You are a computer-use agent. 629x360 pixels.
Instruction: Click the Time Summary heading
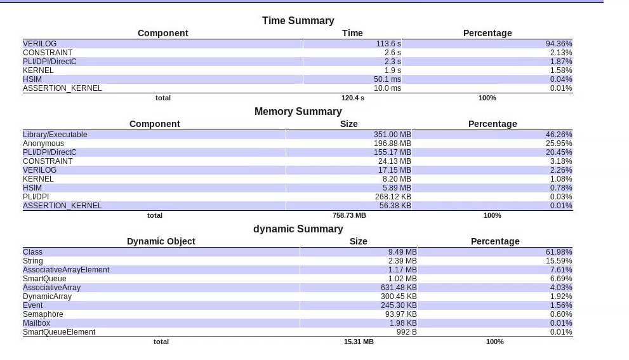298,20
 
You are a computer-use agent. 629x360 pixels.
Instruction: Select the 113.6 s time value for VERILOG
388,44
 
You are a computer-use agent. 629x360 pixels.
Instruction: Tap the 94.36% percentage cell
559,44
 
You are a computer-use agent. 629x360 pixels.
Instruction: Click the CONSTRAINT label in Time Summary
48,53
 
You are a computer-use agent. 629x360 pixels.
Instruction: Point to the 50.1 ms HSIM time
387,79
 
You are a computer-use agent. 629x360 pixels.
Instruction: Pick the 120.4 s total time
353,98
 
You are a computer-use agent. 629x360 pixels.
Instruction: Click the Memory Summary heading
298,111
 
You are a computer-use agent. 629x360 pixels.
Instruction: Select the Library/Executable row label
55,135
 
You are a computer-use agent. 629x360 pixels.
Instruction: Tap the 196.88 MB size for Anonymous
392,143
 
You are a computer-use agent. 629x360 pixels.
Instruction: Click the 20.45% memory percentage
559,152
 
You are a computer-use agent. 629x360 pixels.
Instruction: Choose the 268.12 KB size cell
393,197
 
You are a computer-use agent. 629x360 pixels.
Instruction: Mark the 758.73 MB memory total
349,215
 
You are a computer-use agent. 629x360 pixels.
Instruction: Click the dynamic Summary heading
298,229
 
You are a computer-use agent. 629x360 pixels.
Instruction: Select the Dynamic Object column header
161,241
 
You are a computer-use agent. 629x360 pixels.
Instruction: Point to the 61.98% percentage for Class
559,252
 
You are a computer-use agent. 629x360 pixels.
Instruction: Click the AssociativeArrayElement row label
66,270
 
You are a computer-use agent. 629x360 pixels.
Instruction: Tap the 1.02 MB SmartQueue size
402,279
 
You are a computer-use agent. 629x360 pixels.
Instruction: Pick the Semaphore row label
43,314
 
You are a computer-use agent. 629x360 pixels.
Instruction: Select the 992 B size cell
406,332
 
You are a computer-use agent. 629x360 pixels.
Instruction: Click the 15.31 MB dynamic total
359,342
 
